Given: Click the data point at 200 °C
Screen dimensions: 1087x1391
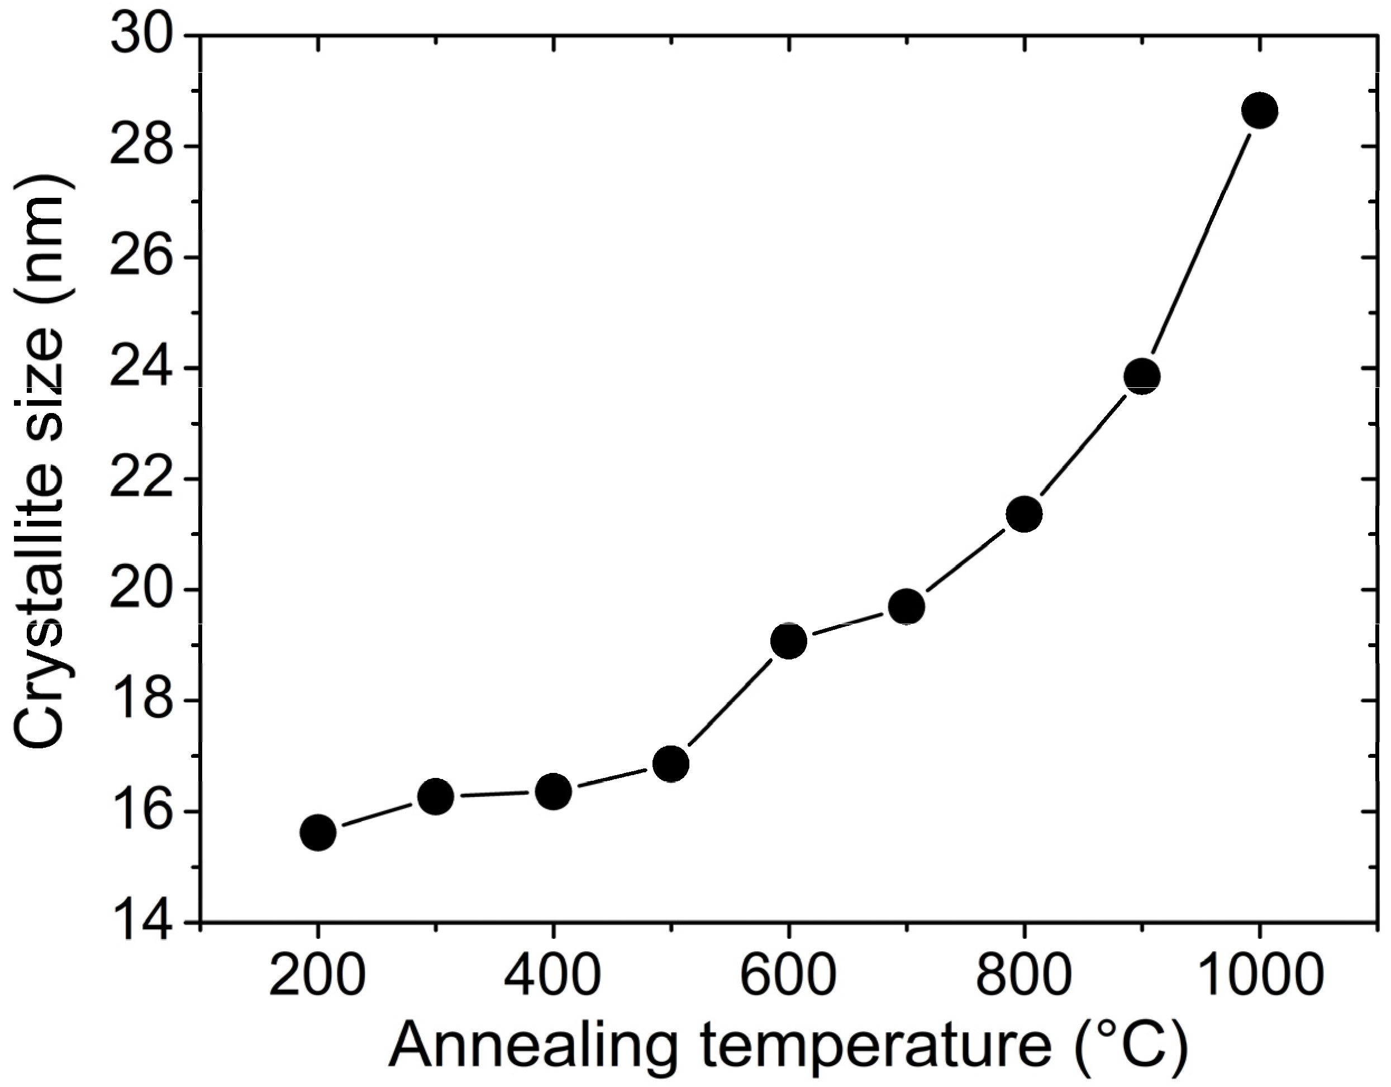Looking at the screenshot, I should tap(318, 832).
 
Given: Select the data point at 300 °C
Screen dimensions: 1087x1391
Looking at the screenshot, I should tap(436, 796).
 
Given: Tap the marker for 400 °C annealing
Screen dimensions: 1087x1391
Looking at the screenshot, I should tap(553, 792).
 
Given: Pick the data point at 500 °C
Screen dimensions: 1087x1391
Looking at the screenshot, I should tap(671, 764).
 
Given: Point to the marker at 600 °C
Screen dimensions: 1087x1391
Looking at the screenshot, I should tap(788, 641).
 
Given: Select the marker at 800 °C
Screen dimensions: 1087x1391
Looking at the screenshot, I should tap(1024, 514).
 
